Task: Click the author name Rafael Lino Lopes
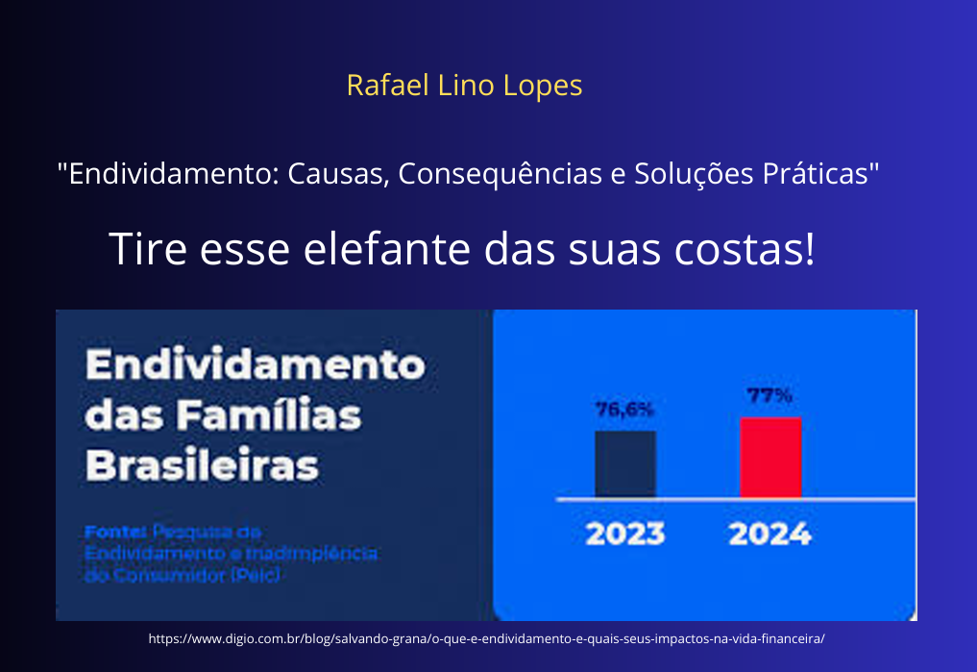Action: tap(464, 86)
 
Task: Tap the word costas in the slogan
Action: tap(749, 249)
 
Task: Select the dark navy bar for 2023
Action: tap(624, 463)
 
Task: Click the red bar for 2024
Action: tap(769, 458)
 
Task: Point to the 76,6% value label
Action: tap(624, 410)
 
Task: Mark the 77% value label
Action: tap(769, 395)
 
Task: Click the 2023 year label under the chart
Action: tap(624, 535)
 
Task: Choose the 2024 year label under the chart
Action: tap(769, 535)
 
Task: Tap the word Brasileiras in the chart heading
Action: tap(202, 466)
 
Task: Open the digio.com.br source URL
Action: tap(487, 638)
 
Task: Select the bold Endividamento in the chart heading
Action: tap(255, 366)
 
